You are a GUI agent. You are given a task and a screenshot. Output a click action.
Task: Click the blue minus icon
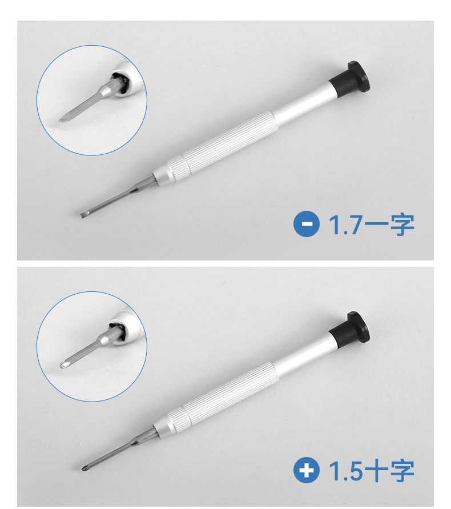click(x=307, y=224)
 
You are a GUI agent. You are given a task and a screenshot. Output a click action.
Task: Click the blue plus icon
click(x=307, y=470)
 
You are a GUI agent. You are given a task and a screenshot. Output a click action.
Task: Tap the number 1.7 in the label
click(x=345, y=225)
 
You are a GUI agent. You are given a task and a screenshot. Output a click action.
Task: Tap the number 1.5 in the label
click(x=345, y=471)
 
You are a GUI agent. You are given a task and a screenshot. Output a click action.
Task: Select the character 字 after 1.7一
click(x=402, y=225)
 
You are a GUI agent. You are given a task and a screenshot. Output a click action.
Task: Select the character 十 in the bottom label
click(x=376, y=470)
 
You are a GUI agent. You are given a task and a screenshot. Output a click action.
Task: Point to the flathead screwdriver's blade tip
click(x=82, y=215)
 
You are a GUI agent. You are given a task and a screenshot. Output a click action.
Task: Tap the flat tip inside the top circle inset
click(x=62, y=120)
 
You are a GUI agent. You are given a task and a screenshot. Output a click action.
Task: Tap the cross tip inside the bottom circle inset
click(x=63, y=364)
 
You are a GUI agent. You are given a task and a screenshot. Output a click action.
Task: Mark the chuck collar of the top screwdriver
click(x=170, y=170)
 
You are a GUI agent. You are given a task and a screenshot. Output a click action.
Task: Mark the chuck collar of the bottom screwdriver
click(x=170, y=421)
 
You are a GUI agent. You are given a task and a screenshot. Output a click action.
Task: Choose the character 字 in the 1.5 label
click(x=402, y=470)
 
